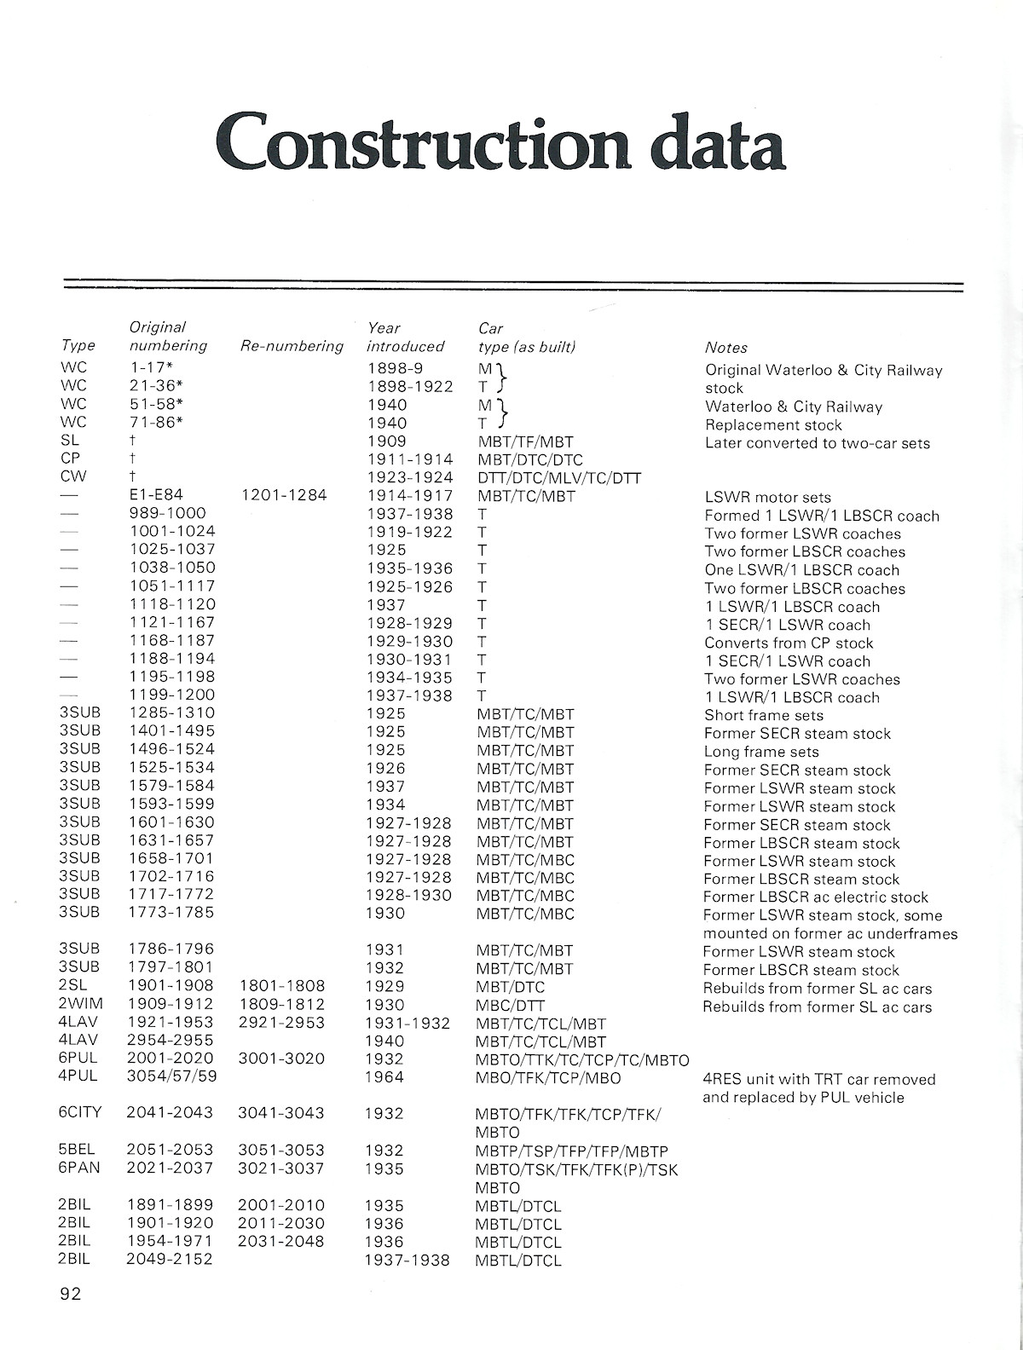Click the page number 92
pyautogui.click(x=71, y=1295)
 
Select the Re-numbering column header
pyautogui.click(x=292, y=346)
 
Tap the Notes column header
pyautogui.click(x=725, y=348)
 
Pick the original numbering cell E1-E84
pyautogui.click(x=156, y=496)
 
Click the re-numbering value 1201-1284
pyautogui.click(x=284, y=496)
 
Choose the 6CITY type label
pyautogui.click(x=83, y=1113)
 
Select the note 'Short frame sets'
pyautogui.click(x=764, y=715)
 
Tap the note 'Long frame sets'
pyautogui.click(x=761, y=752)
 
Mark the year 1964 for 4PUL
pyautogui.click(x=384, y=1077)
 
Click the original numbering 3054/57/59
pyautogui.click(x=169, y=1077)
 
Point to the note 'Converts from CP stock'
pyautogui.click(x=789, y=643)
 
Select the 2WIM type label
pyautogui.click(x=80, y=1005)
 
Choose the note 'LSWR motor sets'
pyautogui.click(x=767, y=497)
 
